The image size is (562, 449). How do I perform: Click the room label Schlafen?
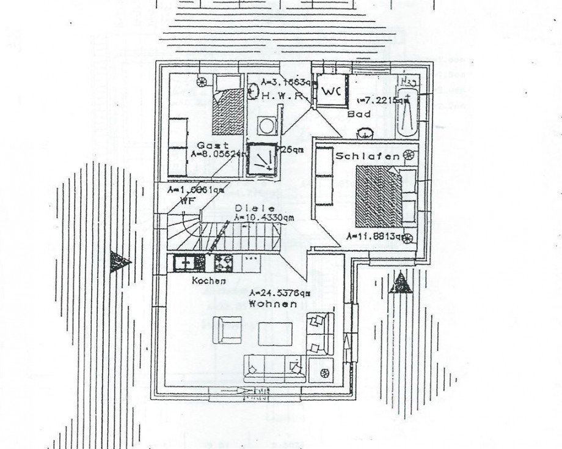point(367,157)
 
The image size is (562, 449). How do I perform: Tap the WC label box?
point(330,92)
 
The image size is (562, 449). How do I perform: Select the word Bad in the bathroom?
point(356,114)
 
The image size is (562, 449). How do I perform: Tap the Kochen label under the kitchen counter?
point(209,281)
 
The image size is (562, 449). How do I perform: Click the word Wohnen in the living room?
point(277,303)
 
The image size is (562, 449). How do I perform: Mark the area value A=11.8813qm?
point(374,236)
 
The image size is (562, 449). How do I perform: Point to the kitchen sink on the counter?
point(188,262)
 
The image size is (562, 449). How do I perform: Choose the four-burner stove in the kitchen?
point(224,262)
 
